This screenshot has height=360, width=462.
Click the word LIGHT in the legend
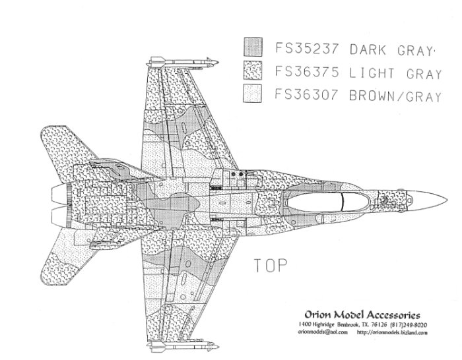point(379,71)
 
